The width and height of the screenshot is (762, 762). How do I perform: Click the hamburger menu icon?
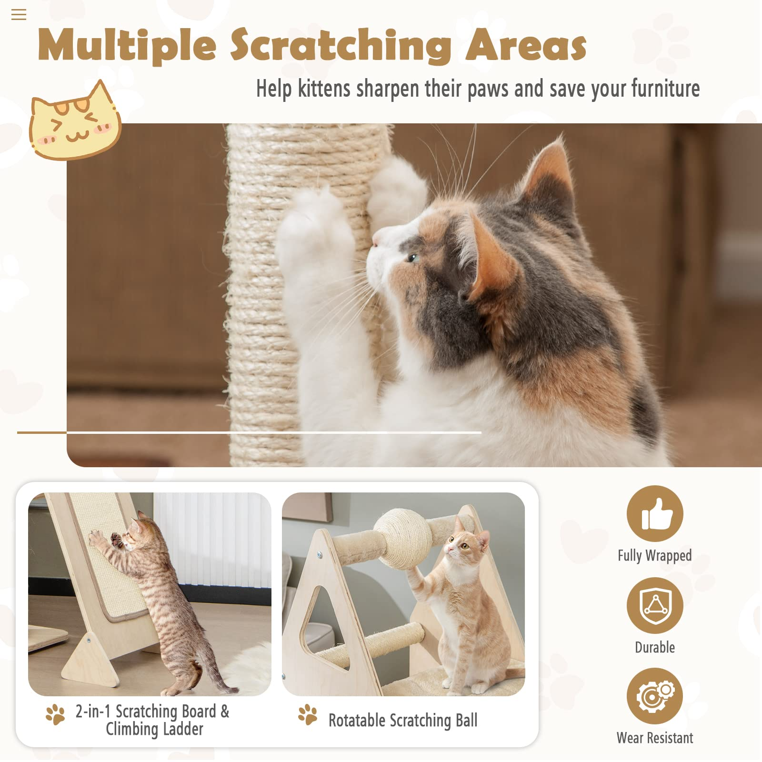[19, 15]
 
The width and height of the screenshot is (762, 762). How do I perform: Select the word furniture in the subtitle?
[665, 89]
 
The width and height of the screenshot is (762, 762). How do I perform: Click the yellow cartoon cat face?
[74, 122]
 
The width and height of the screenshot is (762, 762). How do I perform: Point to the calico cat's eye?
[413, 258]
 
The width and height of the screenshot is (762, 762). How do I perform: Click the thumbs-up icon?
[655, 513]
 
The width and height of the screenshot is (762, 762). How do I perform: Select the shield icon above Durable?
[655, 605]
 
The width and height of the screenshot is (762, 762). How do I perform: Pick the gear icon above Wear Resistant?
[655, 696]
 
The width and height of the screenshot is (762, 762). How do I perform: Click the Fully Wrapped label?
[655, 556]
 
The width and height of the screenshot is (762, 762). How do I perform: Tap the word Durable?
[655, 647]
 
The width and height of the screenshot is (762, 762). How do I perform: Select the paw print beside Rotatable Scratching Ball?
[308, 714]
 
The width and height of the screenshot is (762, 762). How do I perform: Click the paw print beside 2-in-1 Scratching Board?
[55, 714]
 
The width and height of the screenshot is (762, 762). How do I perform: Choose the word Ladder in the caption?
[183, 729]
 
